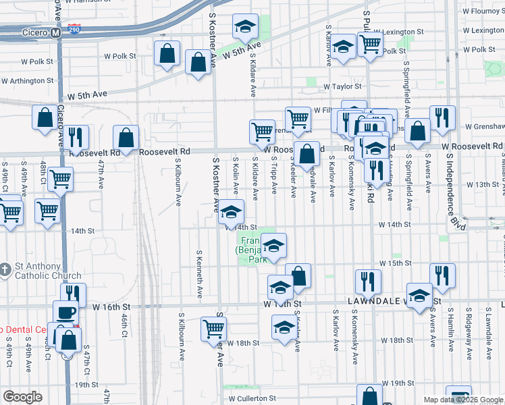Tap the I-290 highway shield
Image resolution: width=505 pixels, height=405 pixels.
[x=74, y=32]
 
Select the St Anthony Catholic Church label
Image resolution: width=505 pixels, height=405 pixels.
[x=45, y=270]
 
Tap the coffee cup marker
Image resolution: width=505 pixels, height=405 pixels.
[x=66, y=313]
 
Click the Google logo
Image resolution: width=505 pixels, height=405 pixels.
[x=22, y=397]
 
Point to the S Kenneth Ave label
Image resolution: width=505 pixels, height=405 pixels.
[x=199, y=275]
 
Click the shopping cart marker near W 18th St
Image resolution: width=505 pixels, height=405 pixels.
[x=213, y=329]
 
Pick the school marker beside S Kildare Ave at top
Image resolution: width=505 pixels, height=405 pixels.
[x=245, y=27]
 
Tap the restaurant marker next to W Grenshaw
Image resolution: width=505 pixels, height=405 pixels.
[x=442, y=117]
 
